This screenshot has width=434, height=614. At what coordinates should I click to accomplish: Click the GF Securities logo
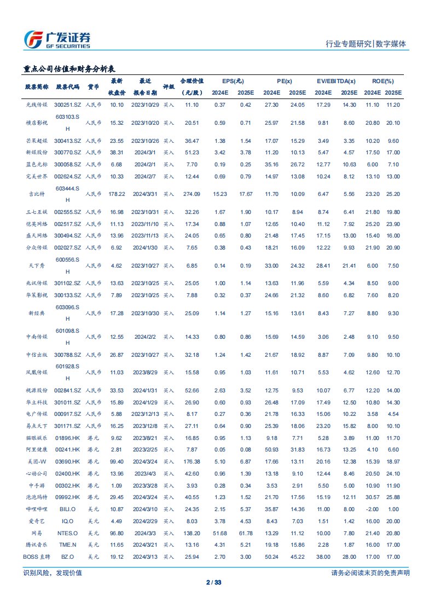click(57, 39)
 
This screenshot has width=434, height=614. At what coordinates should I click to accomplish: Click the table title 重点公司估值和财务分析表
click(69, 69)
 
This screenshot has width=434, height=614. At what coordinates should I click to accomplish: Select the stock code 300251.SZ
click(68, 105)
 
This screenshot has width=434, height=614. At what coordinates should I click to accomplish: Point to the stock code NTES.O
click(68, 533)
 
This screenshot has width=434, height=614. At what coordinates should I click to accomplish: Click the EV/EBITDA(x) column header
click(336, 80)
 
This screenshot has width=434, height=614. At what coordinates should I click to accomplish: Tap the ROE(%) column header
click(383, 80)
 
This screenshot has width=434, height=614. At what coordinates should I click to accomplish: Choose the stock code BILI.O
click(68, 509)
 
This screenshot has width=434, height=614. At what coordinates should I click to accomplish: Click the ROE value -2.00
click(372, 509)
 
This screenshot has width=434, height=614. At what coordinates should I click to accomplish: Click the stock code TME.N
click(68, 545)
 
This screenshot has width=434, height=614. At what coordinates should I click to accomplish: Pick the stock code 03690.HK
click(68, 462)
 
